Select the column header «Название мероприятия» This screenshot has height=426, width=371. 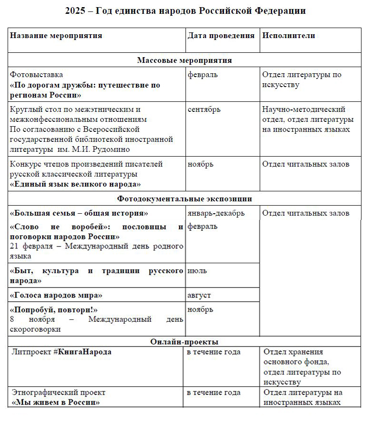coord(56,36)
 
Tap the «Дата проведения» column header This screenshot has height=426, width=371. coord(221,36)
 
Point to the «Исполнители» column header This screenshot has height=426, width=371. coord(289,36)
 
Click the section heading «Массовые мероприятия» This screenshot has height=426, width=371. coord(185,60)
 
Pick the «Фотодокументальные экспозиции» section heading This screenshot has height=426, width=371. coord(185,199)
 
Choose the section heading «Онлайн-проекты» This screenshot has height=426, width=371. coord(185,342)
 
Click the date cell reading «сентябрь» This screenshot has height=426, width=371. coord(204,109)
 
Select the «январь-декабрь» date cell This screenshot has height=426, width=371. coord(216,213)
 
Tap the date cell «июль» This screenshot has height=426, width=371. coord(197,271)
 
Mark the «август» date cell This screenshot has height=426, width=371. coord(199,296)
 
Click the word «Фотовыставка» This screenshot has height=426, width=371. coord(36,75)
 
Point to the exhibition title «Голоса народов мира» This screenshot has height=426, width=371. coord(56,296)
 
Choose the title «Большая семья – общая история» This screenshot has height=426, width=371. coord(79,213)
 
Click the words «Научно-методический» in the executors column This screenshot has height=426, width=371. coord(304,109)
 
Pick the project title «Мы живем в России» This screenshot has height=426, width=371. coord(55,403)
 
